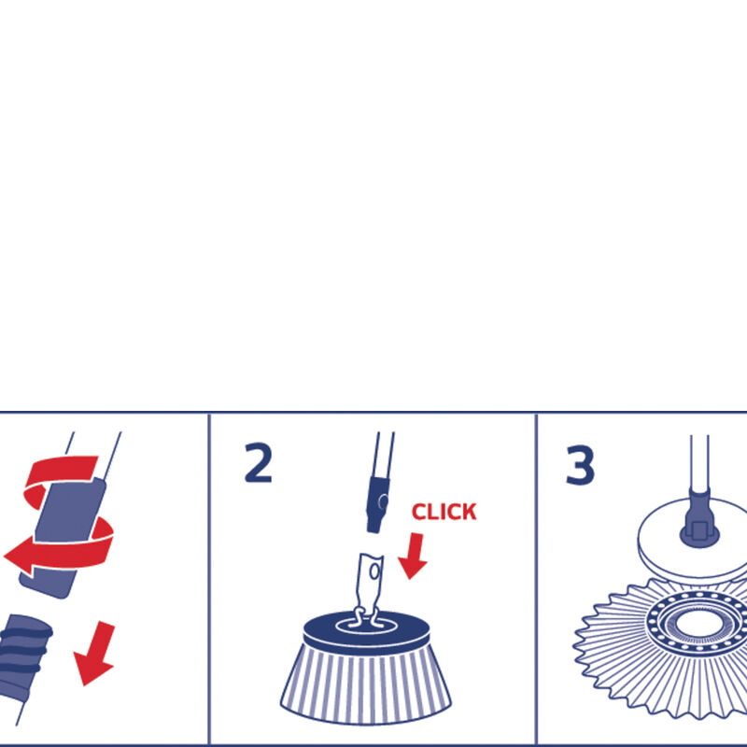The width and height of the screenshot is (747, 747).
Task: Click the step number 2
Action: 258,464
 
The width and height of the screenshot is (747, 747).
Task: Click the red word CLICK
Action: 444,512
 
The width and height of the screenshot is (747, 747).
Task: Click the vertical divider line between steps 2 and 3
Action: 536,579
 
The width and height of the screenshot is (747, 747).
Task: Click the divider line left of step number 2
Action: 208,579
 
